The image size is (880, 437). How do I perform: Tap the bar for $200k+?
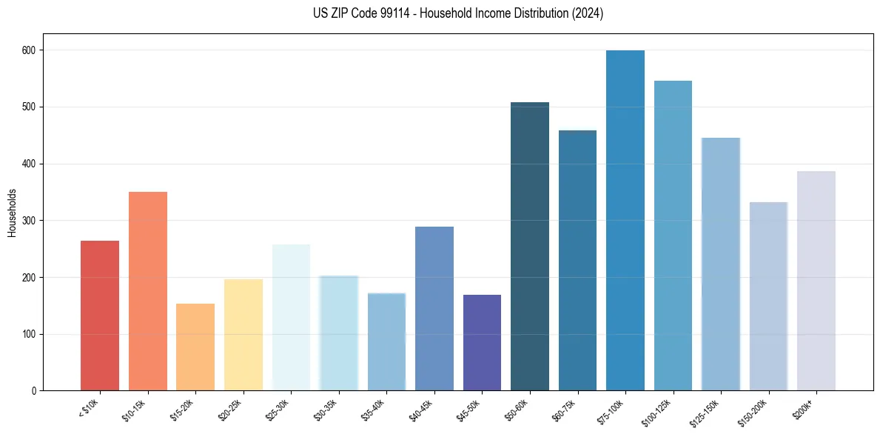coord(816,281)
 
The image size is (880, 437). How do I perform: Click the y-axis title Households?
coord(12,213)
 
